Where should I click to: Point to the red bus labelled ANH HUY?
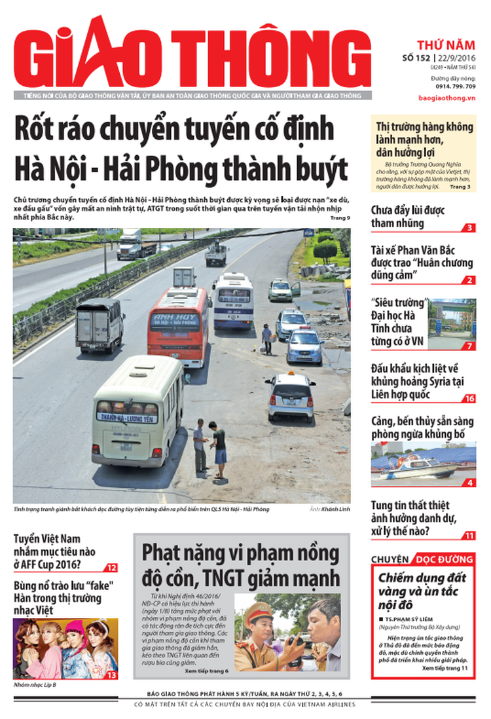179,325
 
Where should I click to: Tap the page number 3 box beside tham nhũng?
469,228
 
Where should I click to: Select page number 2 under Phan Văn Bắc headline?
469,280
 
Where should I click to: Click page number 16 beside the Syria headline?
469,398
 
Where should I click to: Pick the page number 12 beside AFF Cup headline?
112,568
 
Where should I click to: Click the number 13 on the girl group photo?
111,674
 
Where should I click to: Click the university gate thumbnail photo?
452,322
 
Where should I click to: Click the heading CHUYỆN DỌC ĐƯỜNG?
423,559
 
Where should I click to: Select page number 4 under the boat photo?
469,483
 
